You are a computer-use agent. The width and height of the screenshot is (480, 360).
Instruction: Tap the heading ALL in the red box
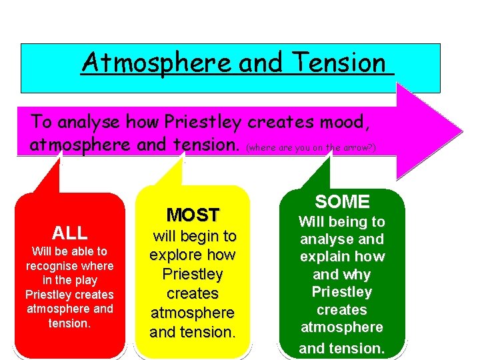[x=69, y=233]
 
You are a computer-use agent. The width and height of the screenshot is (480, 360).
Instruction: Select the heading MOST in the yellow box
[x=193, y=215]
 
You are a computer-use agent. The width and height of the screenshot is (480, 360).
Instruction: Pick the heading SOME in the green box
[x=342, y=201]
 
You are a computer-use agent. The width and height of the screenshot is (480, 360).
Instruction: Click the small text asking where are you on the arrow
[x=311, y=147]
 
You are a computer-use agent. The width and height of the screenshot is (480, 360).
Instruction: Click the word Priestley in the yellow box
[x=193, y=275]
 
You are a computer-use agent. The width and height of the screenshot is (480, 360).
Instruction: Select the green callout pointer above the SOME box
[x=317, y=172]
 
